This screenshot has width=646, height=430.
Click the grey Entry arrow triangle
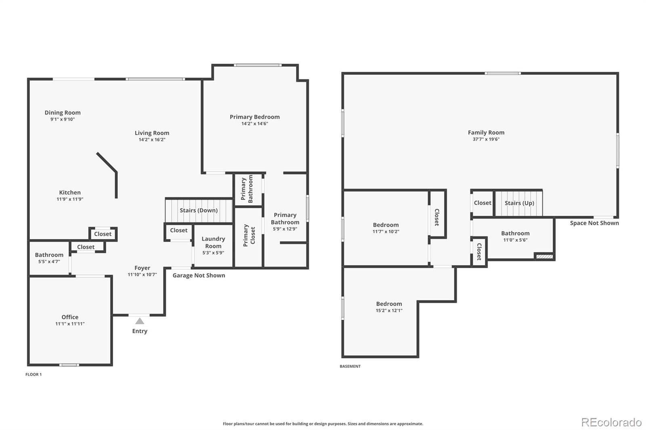tap(140, 321)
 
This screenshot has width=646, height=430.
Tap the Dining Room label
tap(63, 113)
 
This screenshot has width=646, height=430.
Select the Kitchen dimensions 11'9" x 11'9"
tap(70, 199)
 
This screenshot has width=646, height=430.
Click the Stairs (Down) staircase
tap(199, 211)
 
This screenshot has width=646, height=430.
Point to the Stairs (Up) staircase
tap(519, 203)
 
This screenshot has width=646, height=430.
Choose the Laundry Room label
tap(214, 242)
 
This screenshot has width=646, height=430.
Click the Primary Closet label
tap(249, 236)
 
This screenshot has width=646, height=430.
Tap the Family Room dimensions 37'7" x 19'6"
tap(486, 139)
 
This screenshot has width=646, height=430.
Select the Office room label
tap(70, 317)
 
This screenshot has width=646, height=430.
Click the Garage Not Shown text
tap(199, 275)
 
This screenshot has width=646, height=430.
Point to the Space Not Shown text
tap(594, 223)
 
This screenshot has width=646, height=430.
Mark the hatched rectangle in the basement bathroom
tap(545, 256)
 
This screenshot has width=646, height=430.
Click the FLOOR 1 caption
tap(34, 374)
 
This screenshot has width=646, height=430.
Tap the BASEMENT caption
tap(350, 366)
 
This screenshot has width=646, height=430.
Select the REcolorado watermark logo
tap(611, 422)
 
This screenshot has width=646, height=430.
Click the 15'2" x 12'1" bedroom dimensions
tap(389, 310)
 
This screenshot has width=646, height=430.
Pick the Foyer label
tap(142, 268)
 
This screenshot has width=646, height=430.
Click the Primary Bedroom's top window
tap(258, 65)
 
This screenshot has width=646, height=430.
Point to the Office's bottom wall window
tap(69, 365)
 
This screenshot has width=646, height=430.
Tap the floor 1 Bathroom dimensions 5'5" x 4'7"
tap(49, 262)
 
